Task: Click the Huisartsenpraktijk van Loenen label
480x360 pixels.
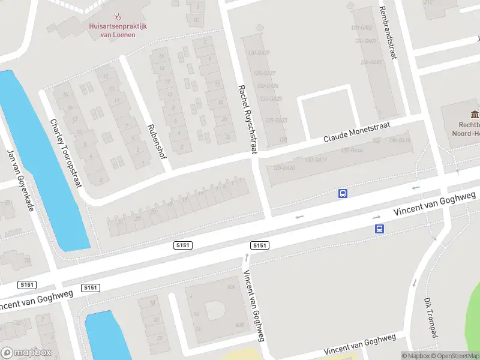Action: pyautogui.click(x=118, y=30)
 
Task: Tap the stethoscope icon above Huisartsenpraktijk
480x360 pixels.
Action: pyautogui.click(x=118, y=17)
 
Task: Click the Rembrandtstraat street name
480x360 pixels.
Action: pyautogui.click(x=387, y=33)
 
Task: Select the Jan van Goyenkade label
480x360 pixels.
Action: pyautogui.click(x=20, y=179)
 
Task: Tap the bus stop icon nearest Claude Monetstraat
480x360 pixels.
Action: pyautogui.click(x=343, y=193)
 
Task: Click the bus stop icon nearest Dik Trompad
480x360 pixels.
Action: pyautogui.click(x=379, y=229)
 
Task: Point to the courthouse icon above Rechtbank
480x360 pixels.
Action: pyautogui.click(x=475, y=114)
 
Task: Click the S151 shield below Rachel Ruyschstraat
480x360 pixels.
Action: pyautogui.click(x=259, y=245)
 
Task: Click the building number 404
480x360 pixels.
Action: pyautogui.click(x=230, y=287)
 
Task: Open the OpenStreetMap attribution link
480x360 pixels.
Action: pyautogui.click(x=455, y=356)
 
